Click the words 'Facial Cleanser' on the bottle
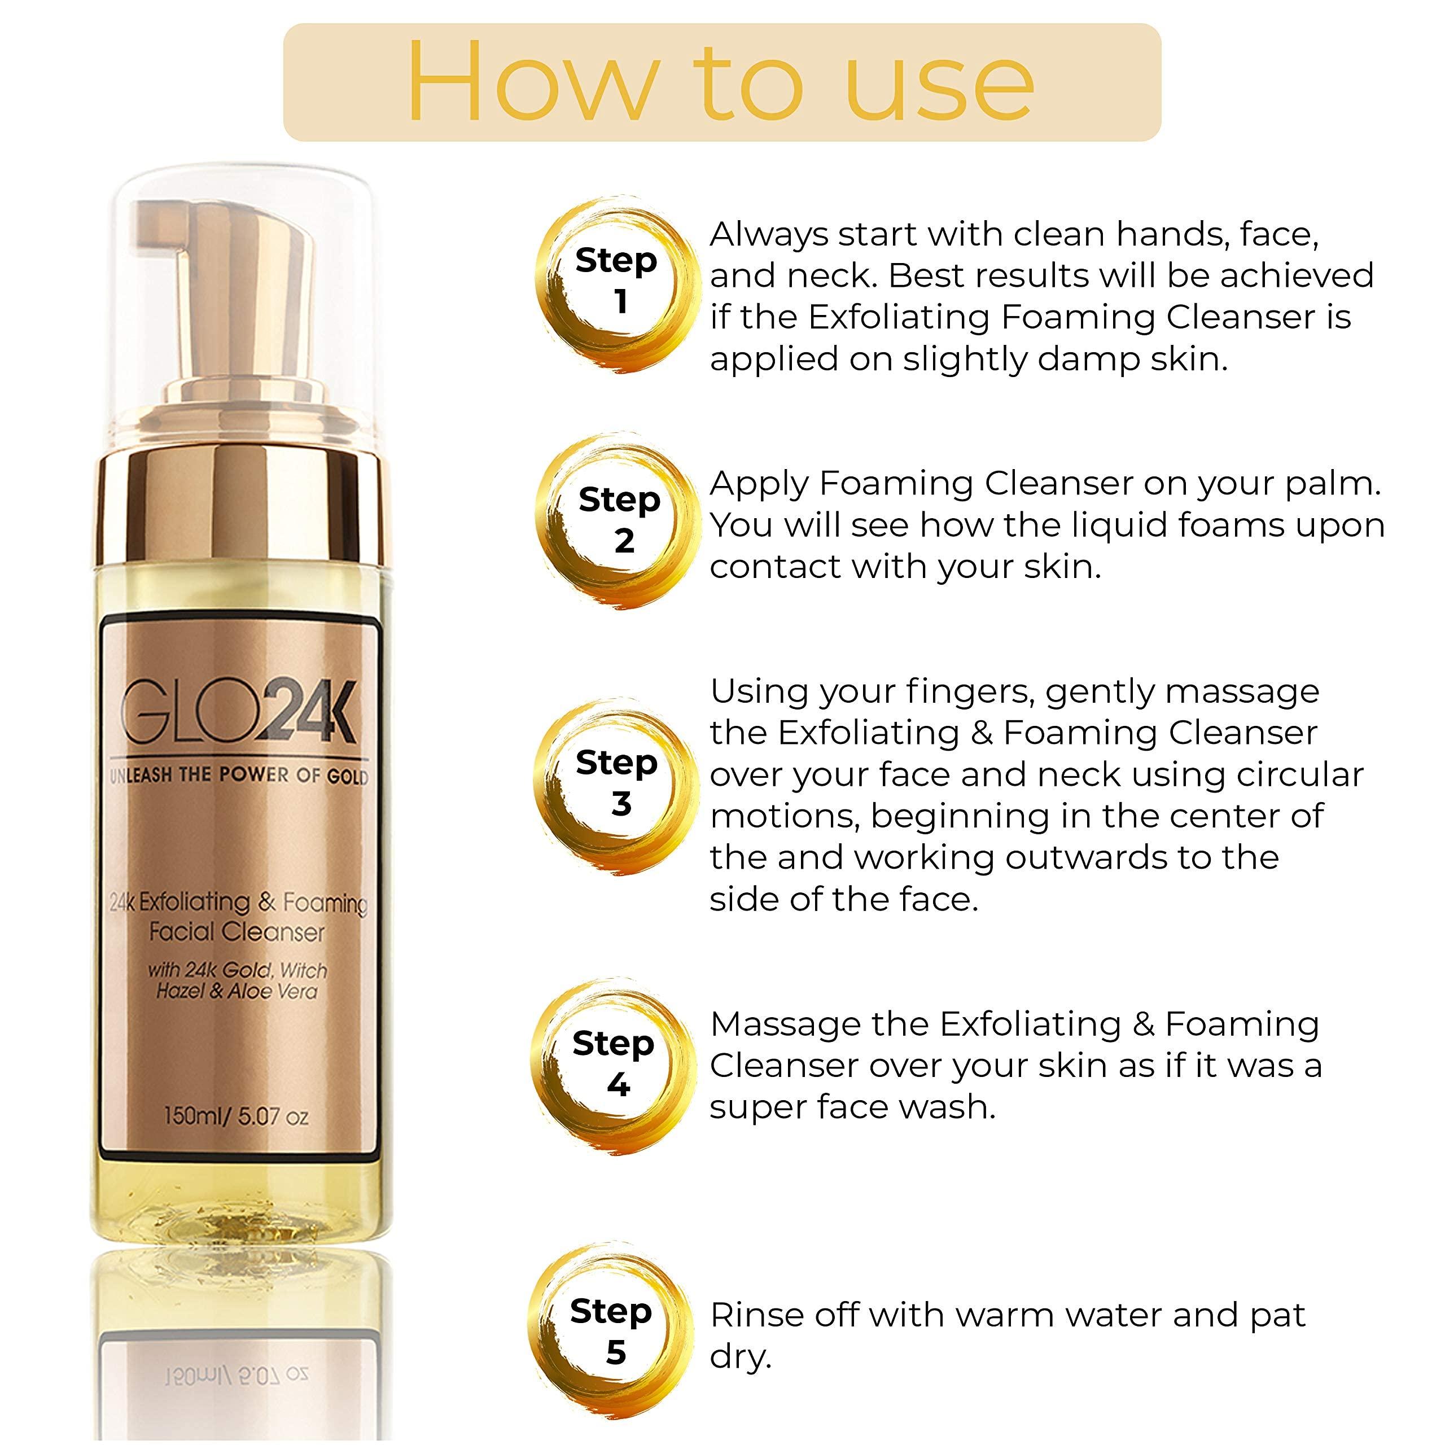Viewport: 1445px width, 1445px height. point(237,932)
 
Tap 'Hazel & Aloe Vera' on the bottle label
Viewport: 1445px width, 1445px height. point(237,992)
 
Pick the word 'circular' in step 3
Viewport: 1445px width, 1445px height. point(1300,775)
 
